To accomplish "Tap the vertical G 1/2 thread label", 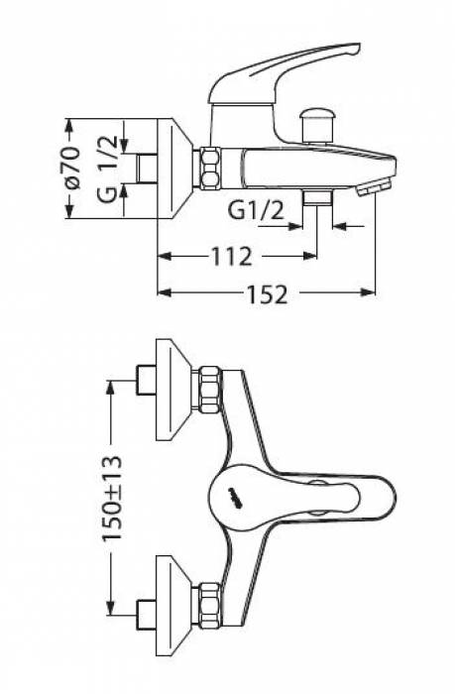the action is pos(108,169).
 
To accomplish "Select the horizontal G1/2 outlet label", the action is pos(256,210).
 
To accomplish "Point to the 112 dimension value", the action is pos(232,256).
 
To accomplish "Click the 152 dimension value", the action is pos(267,293).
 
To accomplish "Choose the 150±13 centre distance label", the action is pos(112,498).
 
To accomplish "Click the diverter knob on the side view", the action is pos(317,125).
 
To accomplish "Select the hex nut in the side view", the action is pos(210,170).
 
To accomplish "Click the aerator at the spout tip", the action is pos(375,186).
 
